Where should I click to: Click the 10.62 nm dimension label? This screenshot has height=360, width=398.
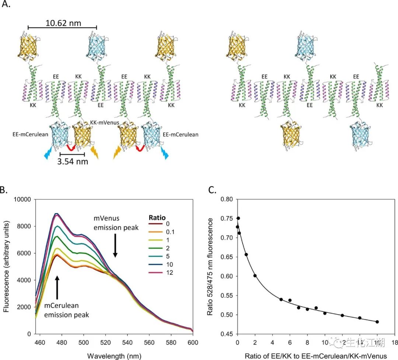pyautogui.click(x=63, y=23)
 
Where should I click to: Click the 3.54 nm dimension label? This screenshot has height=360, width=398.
pyautogui.click(x=72, y=161)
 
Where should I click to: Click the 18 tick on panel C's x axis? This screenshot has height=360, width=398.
pyautogui.click(x=395, y=342)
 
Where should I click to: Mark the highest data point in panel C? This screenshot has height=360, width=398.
pyautogui.click(x=238, y=218)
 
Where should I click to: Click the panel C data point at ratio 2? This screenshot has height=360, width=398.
pyautogui.click(x=255, y=276)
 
